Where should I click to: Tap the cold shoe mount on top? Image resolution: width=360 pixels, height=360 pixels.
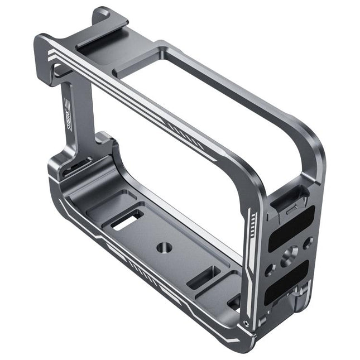click(x=101, y=43)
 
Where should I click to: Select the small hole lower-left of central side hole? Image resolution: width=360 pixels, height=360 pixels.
click(x=271, y=269)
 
